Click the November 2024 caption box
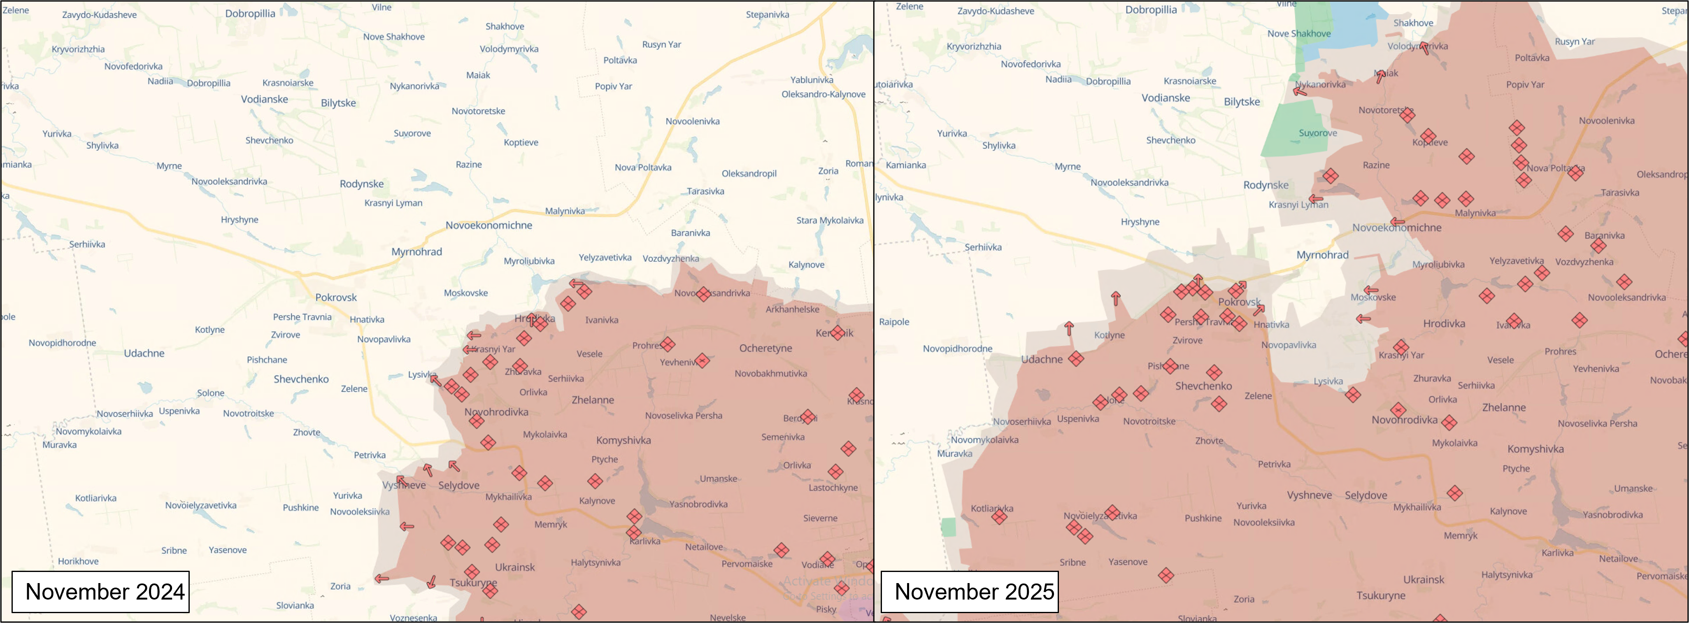point(100,592)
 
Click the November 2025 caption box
point(969,592)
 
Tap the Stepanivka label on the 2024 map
point(767,14)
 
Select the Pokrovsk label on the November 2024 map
point(336,297)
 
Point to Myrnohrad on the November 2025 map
point(1322,255)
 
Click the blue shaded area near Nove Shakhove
point(1338,33)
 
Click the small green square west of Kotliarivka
point(948,527)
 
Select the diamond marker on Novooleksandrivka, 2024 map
point(703,294)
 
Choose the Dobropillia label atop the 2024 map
point(250,13)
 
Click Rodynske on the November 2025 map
point(1266,185)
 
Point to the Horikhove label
point(78,561)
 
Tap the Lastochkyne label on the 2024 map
point(833,487)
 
